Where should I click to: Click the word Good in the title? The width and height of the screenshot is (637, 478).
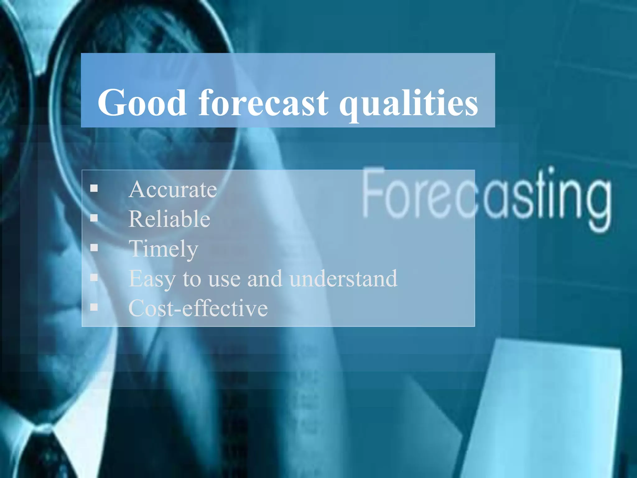(142, 103)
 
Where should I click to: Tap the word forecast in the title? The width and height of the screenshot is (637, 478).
(263, 103)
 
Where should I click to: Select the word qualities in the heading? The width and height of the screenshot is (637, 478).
(408, 104)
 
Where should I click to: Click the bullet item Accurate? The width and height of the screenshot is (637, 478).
(173, 190)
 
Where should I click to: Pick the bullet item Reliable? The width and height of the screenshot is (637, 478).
(169, 219)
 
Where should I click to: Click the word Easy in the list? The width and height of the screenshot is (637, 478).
(152, 279)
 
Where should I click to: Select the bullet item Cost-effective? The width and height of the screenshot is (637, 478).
(198, 308)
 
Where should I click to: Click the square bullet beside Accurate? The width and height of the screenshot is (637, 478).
(94, 188)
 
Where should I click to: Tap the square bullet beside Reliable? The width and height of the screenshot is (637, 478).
(94, 218)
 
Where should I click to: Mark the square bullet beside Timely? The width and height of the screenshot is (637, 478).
(94, 248)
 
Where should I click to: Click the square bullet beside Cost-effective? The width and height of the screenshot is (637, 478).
(94, 307)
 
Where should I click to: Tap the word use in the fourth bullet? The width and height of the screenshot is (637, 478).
(224, 279)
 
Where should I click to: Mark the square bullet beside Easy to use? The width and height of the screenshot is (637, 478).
(94, 277)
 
